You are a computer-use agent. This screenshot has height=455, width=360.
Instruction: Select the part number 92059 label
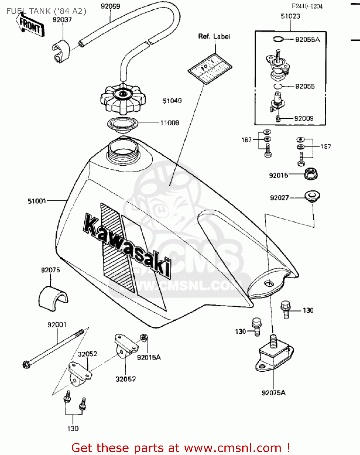point(110,6)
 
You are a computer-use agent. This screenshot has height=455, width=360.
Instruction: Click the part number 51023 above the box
point(290,16)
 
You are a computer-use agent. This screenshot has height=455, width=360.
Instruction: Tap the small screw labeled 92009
point(278,119)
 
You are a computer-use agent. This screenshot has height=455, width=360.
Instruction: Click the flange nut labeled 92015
point(311,174)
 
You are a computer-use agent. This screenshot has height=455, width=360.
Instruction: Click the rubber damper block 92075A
point(274,355)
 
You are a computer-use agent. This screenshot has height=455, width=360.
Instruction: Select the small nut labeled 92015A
point(144,338)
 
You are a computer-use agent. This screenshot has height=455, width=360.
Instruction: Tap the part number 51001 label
point(37,201)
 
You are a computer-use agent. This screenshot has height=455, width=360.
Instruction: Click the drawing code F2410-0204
point(307,6)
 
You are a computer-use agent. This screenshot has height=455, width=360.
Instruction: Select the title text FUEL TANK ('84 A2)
point(46,11)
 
